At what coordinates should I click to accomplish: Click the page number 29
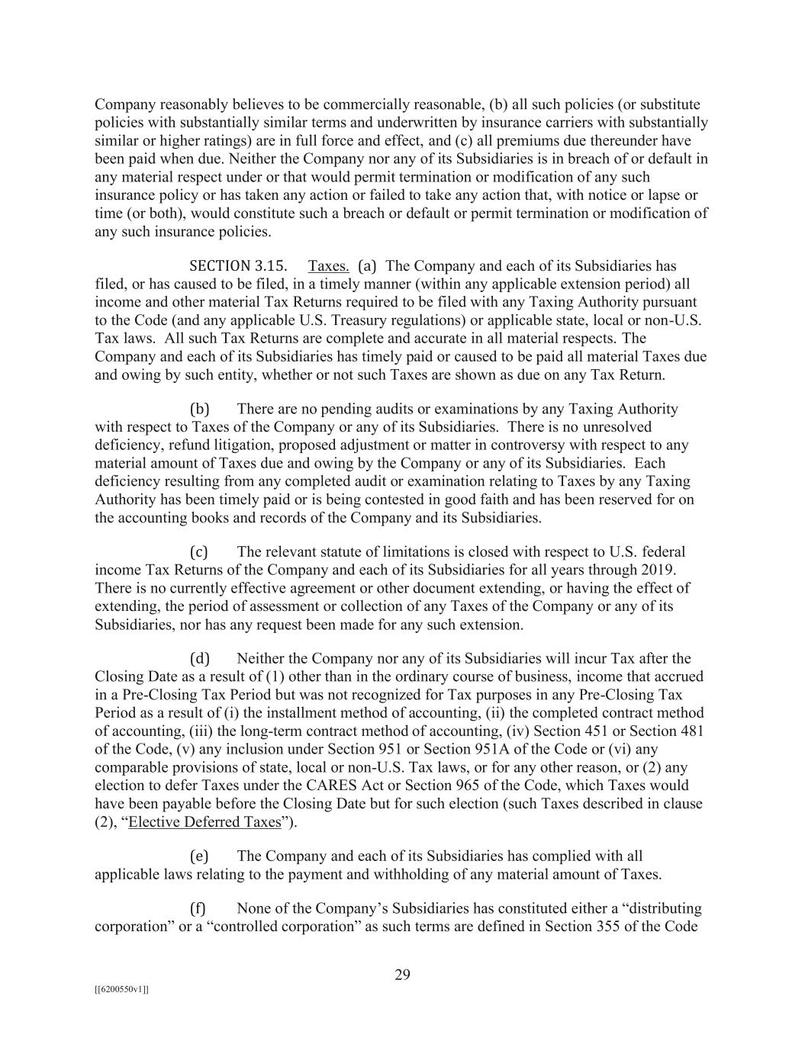pos(402,974)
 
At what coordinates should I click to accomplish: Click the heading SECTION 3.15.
pos(238,266)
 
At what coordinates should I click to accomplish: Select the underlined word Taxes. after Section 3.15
pos(329,266)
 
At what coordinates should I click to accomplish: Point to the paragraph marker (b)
pos(199,409)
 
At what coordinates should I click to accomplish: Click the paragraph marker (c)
pos(198,551)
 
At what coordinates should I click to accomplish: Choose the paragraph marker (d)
pos(199,658)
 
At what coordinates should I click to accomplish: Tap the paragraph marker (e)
pos(198,856)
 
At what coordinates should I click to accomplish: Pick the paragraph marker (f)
pos(198,908)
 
